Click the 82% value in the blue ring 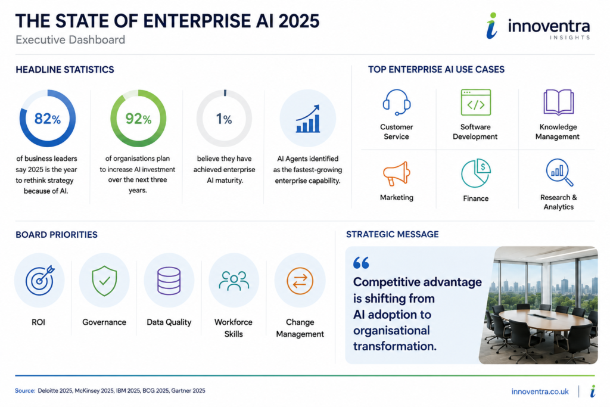pos(48,119)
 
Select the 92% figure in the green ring pos(138,119)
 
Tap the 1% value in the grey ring pos(224,119)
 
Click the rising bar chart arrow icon pos(308,119)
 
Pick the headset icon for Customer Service pos(396,102)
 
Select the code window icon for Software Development pos(476,102)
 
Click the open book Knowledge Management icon pos(558,102)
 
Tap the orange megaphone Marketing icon pos(396,173)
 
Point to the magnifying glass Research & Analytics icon pos(559,172)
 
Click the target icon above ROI pos(40,280)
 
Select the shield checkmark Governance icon pos(104,281)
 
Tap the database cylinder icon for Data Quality pos(169,281)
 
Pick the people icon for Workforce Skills pos(234,281)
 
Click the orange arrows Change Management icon pos(300,281)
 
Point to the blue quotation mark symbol pos(361,263)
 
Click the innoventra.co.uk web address pos(540,392)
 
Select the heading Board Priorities pos(57,235)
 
